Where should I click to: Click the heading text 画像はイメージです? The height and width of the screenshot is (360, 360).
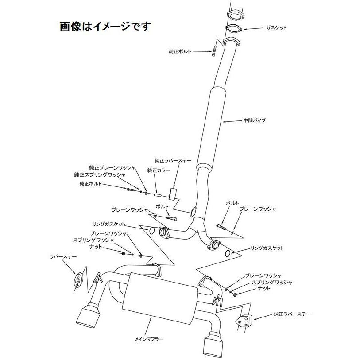[105, 26]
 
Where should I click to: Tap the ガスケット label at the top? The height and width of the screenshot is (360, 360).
[276, 27]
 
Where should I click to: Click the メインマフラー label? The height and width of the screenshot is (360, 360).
[149, 339]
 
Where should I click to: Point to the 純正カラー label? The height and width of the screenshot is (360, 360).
[159, 170]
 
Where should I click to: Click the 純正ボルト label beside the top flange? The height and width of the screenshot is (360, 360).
[180, 52]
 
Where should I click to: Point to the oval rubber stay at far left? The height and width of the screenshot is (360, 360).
[78, 279]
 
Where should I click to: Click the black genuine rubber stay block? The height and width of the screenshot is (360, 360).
[174, 194]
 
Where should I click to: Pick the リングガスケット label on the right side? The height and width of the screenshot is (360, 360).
[267, 248]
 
